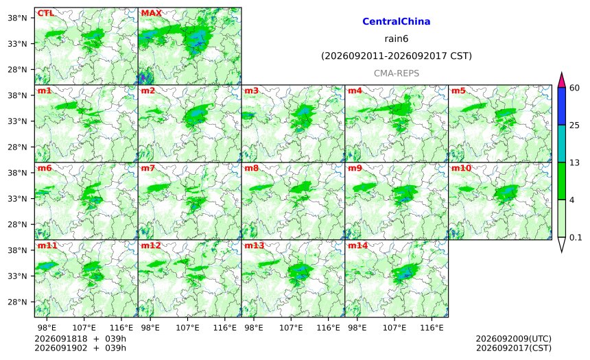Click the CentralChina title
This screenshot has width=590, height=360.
pyautogui.click(x=397, y=21)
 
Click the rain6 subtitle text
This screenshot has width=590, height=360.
pyautogui.click(x=397, y=39)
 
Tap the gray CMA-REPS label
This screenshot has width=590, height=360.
pyautogui.click(x=397, y=73)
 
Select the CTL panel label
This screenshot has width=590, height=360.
pyautogui.click(x=45, y=13)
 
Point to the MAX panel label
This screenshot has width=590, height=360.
pyautogui.click(x=151, y=13)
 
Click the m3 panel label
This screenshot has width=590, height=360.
pyautogui.click(x=251, y=91)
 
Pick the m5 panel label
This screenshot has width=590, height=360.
pyautogui.click(x=458, y=91)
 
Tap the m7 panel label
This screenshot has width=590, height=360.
pyautogui.click(x=148, y=168)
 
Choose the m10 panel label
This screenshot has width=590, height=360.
pyautogui.click(x=461, y=168)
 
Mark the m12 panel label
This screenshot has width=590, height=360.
pyautogui.click(x=151, y=245)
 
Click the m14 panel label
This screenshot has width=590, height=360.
pyautogui.click(x=358, y=245)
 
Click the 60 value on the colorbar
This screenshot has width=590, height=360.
pyautogui.click(x=575, y=88)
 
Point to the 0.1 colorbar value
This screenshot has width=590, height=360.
pyautogui.click(x=576, y=238)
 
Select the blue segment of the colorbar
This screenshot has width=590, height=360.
pyautogui.click(x=562, y=106)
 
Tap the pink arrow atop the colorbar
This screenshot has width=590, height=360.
pyautogui.click(x=562, y=80)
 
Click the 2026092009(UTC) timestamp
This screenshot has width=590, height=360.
pyautogui.click(x=514, y=339)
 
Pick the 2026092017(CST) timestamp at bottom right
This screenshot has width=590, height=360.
pyautogui.click(x=514, y=348)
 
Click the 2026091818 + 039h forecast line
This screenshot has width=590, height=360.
pyautogui.click(x=80, y=339)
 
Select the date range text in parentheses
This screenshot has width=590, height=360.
pyautogui.click(x=397, y=56)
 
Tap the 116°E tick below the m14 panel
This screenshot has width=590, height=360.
pyautogui.click(x=432, y=328)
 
